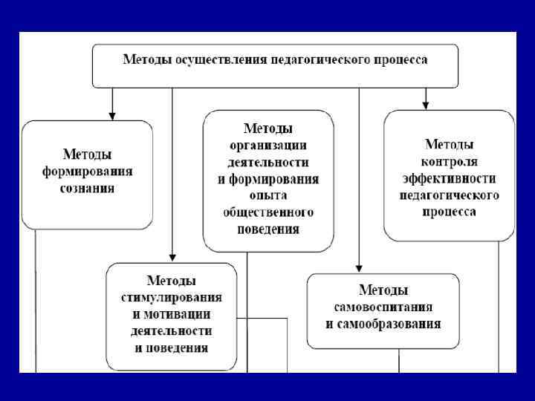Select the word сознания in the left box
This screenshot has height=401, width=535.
tap(87, 189)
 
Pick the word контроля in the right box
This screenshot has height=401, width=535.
tap(450, 161)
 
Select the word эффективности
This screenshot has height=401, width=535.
tap(450, 178)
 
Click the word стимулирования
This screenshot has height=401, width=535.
tap(172, 297)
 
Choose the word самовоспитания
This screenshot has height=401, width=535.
tap(383, 307)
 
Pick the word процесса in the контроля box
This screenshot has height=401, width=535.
tap(450, 212)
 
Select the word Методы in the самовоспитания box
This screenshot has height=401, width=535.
tap(383, 290)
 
